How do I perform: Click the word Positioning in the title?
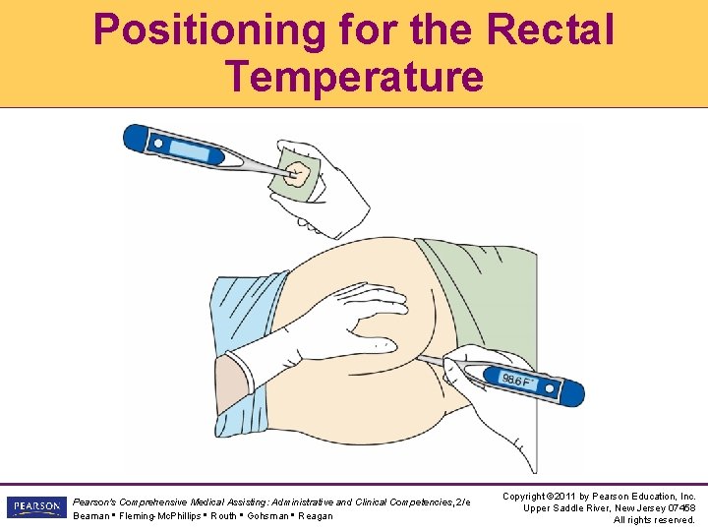207,30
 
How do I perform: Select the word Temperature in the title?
354,76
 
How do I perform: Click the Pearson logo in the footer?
34,508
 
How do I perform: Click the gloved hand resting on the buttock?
334,324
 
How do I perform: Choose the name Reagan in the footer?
315,516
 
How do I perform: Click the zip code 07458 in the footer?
678,508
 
